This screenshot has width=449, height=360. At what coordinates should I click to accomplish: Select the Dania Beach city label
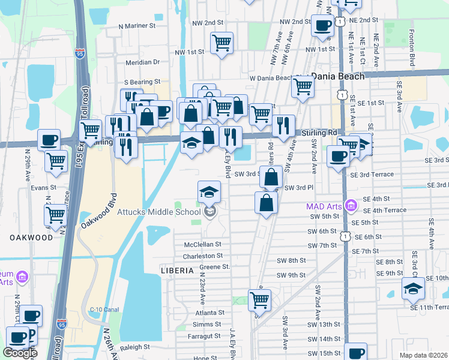(x=338, y=77)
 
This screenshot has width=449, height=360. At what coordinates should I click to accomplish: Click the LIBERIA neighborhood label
(x=178, y=271)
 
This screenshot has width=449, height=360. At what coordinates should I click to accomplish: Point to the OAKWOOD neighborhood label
(x=31, y=238)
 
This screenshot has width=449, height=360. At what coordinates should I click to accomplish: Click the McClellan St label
(x=203, y=245)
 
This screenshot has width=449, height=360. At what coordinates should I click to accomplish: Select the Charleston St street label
(x=203, y=256)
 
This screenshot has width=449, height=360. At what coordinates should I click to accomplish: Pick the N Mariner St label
(x=137, y=26)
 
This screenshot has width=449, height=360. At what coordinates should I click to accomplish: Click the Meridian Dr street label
(x=143, y=62)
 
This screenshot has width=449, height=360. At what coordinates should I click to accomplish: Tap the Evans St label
(x=43, y=188)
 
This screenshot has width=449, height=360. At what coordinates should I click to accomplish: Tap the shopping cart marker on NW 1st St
(x=222, y=43)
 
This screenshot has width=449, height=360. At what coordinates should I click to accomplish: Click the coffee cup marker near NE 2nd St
(x=323, y=26)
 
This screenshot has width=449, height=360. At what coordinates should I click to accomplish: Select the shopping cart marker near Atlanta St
(x=259, y=299)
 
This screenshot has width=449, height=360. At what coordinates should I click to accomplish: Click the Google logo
(x=20, y=353)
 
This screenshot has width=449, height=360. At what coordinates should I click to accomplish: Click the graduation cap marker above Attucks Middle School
(x=209, y=192)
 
